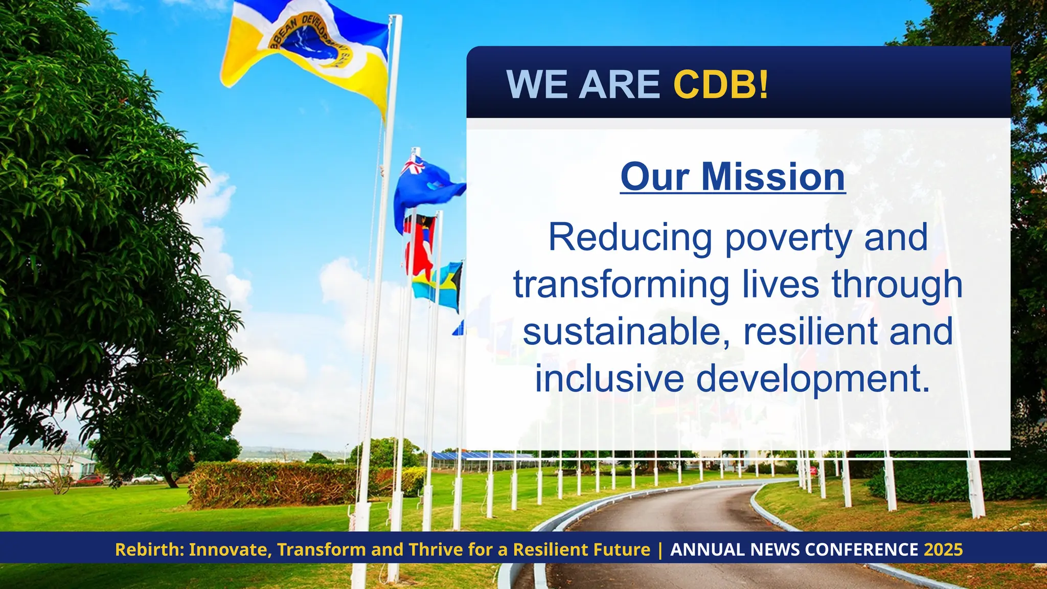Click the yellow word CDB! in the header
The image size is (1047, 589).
tap(720, 84)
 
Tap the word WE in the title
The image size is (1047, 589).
tap(536, 84)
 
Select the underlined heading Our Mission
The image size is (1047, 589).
tap(733, 177)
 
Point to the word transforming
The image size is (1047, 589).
tap(621, 285)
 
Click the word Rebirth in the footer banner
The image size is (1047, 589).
tap(149, 550)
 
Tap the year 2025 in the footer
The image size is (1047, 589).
tap(943, 550)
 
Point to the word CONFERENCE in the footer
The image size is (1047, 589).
tap(861, 550)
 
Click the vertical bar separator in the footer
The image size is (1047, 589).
tap(660, 550)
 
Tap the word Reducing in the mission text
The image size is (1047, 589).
tap(630, 238)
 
